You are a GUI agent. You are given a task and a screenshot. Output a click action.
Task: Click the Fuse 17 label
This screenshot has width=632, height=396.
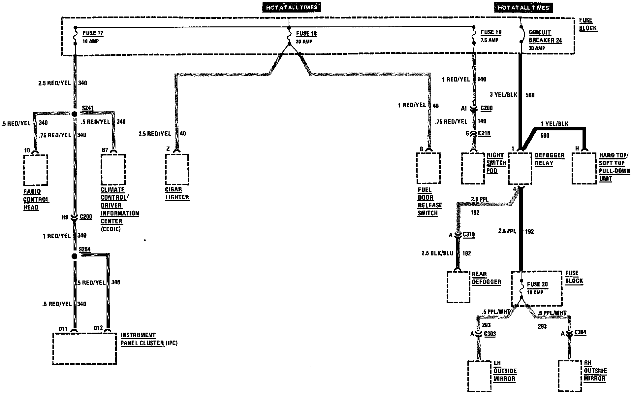pyautogui.click(x=93, y=33)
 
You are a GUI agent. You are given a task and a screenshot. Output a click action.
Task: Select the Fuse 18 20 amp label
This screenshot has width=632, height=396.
pyautogui.click(x=306, y=37)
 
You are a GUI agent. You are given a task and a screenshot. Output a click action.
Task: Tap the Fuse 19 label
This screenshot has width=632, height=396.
pyautogui.click(x=491, y=32)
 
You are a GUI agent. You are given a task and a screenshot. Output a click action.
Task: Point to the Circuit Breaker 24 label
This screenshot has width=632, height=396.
pyautogui.click(x=545, y=36)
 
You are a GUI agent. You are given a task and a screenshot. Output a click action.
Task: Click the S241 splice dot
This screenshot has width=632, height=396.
pyautogui.click(x=75, y=114)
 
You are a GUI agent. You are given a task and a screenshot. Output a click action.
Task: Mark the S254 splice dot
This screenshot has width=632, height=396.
pyautogui.click(x=75, y=256)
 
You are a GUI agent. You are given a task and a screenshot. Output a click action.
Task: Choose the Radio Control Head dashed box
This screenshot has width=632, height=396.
pyautogui.click(x=36, y=170)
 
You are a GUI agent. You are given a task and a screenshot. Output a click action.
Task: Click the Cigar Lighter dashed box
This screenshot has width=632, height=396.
pyautogui.click(x=177, y=169)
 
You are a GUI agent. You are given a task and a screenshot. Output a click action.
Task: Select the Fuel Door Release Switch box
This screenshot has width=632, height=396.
pyautogui.click(x=428, y=168)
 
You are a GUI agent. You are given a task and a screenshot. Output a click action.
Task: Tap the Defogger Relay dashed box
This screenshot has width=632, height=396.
pyautogui.click(x=520, y=169)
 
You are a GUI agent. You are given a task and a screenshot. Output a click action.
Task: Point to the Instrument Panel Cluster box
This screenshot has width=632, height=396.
pyautogui.click(x=85, y=348)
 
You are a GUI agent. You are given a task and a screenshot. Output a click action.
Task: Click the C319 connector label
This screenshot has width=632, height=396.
pyautogui.click(x=469, y=235)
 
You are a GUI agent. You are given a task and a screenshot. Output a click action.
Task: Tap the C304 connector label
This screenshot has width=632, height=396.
pyautogui.click(x=581, y=333)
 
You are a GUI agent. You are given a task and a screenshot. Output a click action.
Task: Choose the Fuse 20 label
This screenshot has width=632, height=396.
pyautogui.click(x=537, y=284)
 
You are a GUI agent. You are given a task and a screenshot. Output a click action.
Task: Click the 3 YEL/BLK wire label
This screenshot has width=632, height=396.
pyautogui.click(x=503, y=95)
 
